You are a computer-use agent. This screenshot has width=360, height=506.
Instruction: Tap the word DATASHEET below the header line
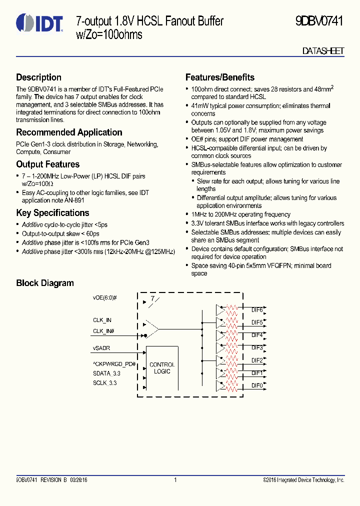coord(323,51)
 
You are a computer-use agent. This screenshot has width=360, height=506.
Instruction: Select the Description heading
coord(39,77)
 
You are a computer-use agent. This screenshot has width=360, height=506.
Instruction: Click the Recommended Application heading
coord(69,132)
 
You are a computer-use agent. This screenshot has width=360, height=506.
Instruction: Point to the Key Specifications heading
coord(52,213)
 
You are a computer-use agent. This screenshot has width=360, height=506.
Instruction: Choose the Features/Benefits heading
coord(220,77)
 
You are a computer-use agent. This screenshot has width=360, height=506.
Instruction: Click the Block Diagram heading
coord(45,283)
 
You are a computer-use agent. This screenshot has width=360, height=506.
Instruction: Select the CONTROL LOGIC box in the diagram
coord(162,368)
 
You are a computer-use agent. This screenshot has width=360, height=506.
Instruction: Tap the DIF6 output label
coord(257,310)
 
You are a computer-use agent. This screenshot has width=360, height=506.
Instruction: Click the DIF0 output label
coord(257,385)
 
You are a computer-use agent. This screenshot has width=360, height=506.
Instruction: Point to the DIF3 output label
coord(257,347)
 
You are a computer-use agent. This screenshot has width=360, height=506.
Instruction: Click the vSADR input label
coord(101,348)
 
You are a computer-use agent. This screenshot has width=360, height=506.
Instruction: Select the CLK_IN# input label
coord(103,331)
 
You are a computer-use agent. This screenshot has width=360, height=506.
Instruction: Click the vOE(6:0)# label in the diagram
coord(104,298)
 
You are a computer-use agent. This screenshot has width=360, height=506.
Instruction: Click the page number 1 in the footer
coord(175,480)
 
